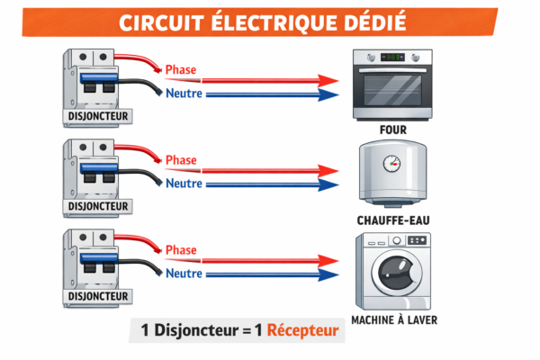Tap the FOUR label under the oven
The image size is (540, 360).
(x=392, y=130)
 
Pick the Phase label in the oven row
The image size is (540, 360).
(x=182, y=70)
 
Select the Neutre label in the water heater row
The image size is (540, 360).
(x=184, y=184)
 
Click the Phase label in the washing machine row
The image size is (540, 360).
(x=182, y=250)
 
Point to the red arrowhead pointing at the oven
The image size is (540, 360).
(x=329, y=80)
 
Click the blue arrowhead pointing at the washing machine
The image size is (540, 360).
(x=329, y=274)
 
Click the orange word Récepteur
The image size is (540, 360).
(x=303, y=331)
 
